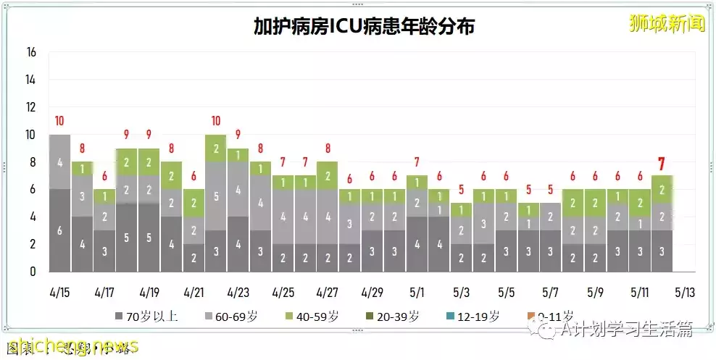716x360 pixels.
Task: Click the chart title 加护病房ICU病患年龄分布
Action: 364,27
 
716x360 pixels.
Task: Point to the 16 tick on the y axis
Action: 31,52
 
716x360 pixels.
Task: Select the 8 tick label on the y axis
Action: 32,162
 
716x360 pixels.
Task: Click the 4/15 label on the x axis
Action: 60,293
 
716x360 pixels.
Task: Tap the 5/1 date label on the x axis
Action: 417,293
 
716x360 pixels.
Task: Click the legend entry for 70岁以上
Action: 145,316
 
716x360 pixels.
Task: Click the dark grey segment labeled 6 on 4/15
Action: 60,230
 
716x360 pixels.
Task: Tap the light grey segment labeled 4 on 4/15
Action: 60,162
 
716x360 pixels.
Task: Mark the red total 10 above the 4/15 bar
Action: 60,121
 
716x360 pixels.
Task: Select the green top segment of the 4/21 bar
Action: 194,203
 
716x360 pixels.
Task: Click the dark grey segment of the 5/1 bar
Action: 417,244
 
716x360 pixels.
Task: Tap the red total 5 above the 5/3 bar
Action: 462,190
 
